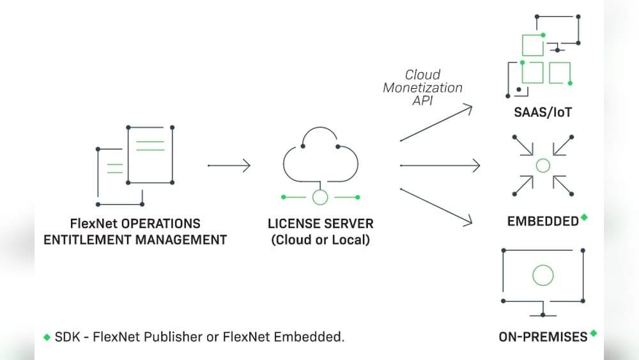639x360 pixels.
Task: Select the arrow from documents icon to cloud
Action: point(229,166)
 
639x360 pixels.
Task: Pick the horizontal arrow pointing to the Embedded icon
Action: point(440,166)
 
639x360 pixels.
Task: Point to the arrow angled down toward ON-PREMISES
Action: point(436,206)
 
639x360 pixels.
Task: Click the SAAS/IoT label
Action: point(543,113)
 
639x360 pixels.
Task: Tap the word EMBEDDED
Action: point(543,221)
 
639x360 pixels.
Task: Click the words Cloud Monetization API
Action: point(422,88)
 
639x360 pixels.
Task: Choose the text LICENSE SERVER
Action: point(320,224)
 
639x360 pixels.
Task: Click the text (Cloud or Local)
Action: point(320,241)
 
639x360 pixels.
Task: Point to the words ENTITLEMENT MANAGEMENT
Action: point(135,240)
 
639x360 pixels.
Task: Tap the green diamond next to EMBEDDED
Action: point(584,218)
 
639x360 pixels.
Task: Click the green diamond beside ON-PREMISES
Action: point(594,333)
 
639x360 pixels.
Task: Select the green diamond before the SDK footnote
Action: point(47,337)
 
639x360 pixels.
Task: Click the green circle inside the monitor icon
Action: point(543,276)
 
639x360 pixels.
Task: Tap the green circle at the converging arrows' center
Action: point(543,166)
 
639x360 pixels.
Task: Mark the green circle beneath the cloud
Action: point(319,197)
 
